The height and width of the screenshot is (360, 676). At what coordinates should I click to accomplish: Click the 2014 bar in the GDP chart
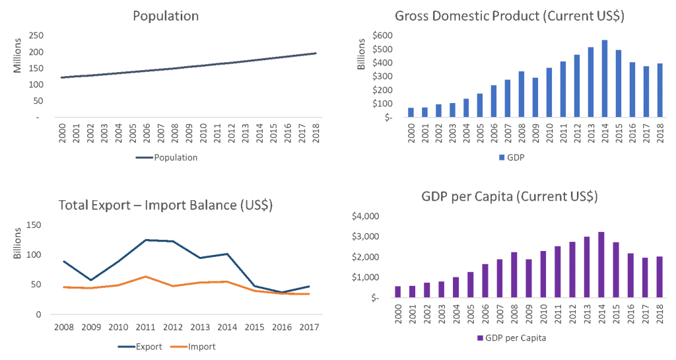(604, 79)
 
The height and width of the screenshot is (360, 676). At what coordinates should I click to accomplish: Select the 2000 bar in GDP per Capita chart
(397, 292)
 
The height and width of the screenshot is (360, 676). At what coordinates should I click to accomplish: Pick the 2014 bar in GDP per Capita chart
(601, 265)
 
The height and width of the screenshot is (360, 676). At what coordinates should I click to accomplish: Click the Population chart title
(166, 17)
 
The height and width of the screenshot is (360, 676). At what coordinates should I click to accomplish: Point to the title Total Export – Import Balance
(166, 205)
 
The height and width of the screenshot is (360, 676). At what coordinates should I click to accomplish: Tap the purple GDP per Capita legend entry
(511, 338)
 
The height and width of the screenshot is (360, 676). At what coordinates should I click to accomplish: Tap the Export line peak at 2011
(146, 240)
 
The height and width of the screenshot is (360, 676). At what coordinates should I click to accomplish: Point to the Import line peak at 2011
(146, 276)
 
